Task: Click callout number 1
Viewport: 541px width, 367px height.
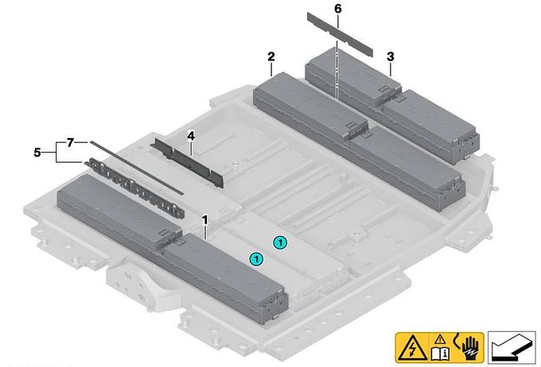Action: (x=205, y=220)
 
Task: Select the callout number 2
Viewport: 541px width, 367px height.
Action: (x=271, y=56)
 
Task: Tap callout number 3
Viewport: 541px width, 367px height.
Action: (x=390, y=56)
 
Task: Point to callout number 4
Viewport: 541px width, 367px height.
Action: (x=191, y=136)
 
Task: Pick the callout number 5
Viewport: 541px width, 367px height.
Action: (x=37, y=152)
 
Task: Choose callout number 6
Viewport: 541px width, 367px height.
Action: (x=338, y=9)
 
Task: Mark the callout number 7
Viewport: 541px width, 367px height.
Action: (x=70, y=142)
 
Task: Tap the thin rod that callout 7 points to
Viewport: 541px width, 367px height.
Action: (x=137, y=168)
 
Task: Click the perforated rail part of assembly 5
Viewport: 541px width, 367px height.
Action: (x=134, y=187)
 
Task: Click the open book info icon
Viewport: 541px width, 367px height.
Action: (x=439, y=353)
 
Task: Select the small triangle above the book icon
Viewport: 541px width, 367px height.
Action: (x=439, y=340)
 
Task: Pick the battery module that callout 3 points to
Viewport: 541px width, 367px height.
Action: (x=392, y=106)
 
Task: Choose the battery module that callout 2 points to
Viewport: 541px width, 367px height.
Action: (x=359, y=141)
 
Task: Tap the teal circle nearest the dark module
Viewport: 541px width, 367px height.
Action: (x=256, y=258)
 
